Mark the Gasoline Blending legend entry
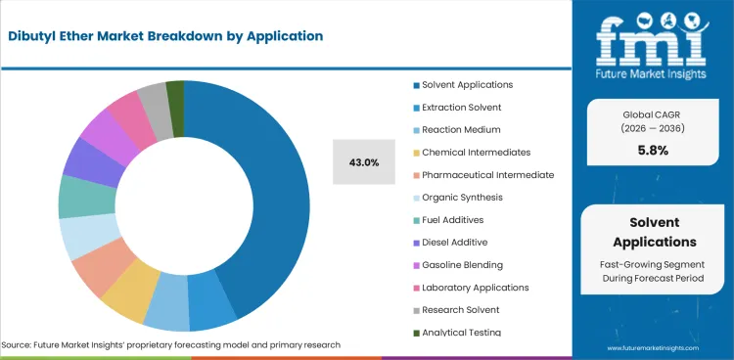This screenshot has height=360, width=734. pos(462,264)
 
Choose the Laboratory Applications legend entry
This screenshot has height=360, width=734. pos(475,287)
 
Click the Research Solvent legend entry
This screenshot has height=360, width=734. pos(459,309)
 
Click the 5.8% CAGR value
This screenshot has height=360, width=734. pos(652,151)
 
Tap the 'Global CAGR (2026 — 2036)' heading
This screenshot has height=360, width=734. pos(652,118)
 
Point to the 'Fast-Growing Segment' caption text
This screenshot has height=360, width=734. pos(652,265)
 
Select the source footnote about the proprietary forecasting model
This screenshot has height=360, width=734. pos(171,345)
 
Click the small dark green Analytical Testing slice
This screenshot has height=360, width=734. pos(175,91)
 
